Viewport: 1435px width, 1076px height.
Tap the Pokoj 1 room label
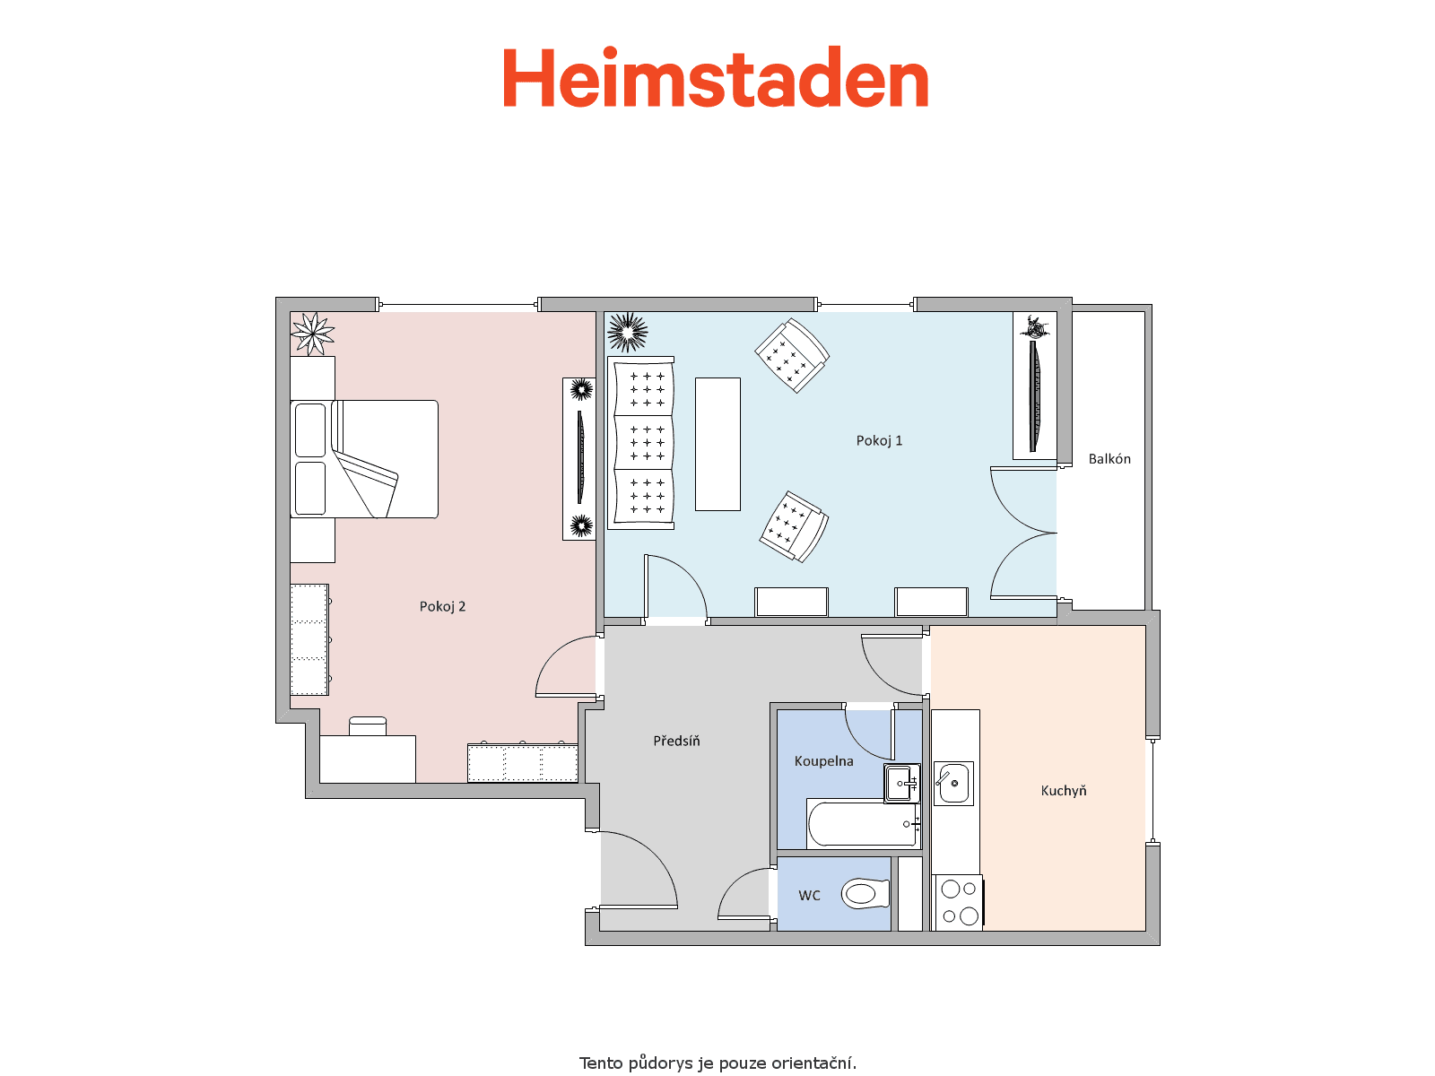[879, 441]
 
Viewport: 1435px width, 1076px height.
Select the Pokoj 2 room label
[442, 607]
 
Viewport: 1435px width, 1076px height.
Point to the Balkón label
[1109, 458]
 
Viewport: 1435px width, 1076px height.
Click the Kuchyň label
[1063, 791]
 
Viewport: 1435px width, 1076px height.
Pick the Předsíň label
[676, 741]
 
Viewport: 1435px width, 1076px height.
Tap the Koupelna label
[823, 761]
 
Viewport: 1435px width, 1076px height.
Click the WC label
[809, 896]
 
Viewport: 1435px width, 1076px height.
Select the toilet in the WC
[865, 894]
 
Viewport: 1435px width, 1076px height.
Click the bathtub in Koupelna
[864, 824]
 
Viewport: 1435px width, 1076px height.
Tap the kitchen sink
[953, 784]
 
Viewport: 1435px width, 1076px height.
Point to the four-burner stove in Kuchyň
[959, 903]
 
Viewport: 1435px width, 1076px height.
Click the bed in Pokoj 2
[364, 459]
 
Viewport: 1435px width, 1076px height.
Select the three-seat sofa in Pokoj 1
[640, 443]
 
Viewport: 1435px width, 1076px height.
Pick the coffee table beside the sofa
[717, 444]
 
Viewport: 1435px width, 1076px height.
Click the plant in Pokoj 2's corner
[312, 334]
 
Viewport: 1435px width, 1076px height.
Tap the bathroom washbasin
[902, 783]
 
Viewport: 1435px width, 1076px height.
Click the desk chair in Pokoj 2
[368, 726]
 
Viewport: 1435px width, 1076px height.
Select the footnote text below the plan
[717, 1063]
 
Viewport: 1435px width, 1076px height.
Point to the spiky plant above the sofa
[627, 333]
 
